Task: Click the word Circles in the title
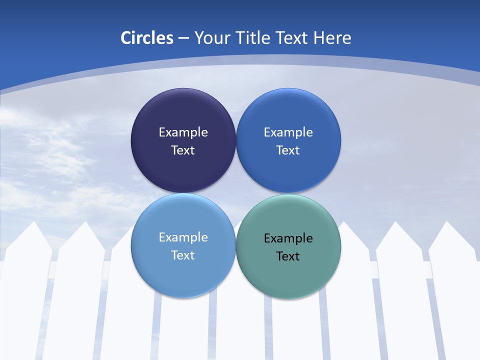[146, 38]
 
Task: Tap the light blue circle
[183, 275]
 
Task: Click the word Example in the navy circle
[183, 132]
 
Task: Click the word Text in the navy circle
[183, 150]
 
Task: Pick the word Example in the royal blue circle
[288, 132]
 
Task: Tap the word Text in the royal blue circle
[288, 150]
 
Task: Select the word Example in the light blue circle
[183, 237]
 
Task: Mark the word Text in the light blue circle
[183, 255]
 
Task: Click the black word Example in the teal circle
[288, 238]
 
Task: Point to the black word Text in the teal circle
[288, 256]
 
